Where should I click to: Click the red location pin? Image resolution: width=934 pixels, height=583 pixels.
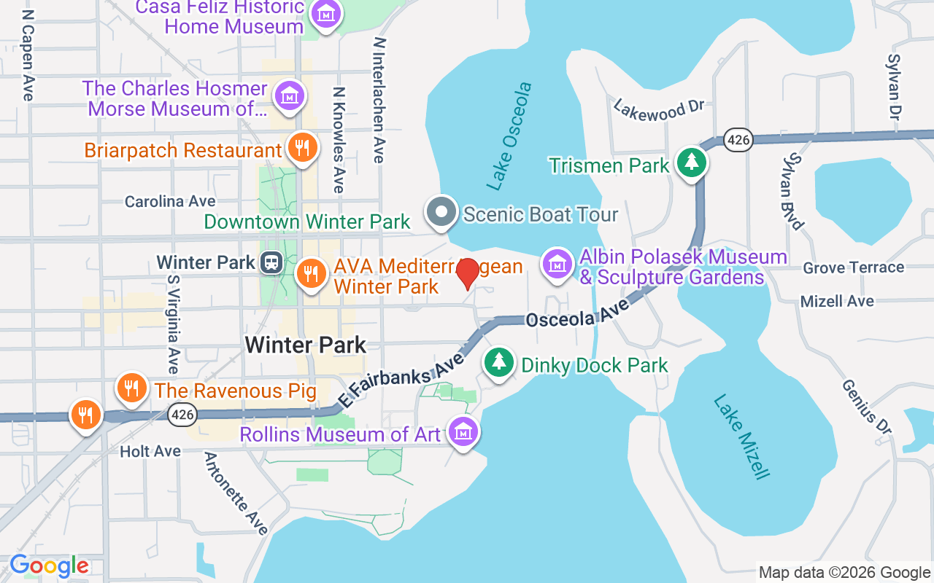(467, 273)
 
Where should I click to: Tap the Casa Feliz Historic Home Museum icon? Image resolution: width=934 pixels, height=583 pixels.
(325, 13)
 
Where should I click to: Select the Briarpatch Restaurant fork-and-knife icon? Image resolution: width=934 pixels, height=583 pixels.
(301, 148)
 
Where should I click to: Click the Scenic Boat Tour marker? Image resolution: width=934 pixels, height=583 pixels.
(441, 213)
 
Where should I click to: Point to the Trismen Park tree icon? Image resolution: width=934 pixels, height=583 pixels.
(690, 163)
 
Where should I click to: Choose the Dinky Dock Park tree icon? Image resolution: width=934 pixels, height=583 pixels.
(499, 361)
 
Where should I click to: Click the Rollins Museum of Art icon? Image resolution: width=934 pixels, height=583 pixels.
(463, 431)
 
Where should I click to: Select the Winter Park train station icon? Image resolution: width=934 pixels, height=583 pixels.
(271, 262)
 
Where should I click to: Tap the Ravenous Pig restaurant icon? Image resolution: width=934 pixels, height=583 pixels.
(131, 388)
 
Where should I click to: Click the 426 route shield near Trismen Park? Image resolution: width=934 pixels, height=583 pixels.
(738, 140)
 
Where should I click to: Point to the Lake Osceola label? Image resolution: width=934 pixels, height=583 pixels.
(509, 137)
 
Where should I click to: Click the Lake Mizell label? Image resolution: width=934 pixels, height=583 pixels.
(741, 437)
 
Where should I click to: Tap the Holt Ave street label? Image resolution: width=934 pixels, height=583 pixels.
(150, 452)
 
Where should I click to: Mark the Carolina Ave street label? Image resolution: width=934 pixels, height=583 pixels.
(170, 201)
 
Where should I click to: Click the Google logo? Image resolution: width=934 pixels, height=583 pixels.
(49, 566)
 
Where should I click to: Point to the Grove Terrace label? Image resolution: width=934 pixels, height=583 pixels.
(853, 268)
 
